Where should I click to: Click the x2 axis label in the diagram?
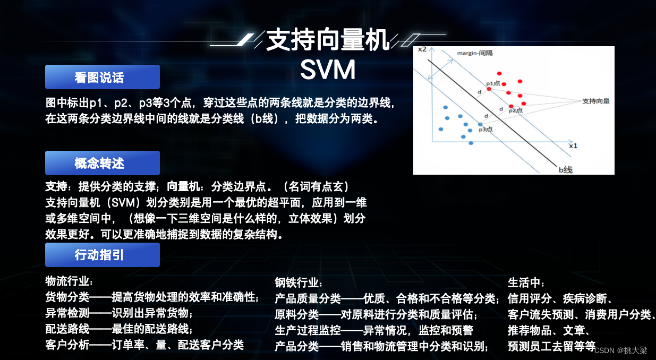coord(422,49)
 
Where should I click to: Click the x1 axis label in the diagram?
coord(573,145)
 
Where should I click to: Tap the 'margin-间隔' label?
coord(475,53)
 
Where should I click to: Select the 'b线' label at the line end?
coord(565,169)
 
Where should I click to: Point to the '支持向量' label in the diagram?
coord(595,100)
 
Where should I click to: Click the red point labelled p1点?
coord(489,89)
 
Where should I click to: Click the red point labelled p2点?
coord(511,106)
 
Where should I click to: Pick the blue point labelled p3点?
coord(480,124)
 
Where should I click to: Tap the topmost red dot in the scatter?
coord(499,74)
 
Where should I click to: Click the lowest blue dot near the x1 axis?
coord(471,142)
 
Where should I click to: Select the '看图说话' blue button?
coord(102,77)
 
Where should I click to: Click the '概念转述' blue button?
coord(102,163)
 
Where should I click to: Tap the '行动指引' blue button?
coord(102,255)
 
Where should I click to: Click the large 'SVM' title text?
coord(327,69)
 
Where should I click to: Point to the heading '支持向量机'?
coord(328,40)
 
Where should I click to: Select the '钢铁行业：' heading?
coord(299,282)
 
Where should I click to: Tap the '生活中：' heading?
coord(526,282)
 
